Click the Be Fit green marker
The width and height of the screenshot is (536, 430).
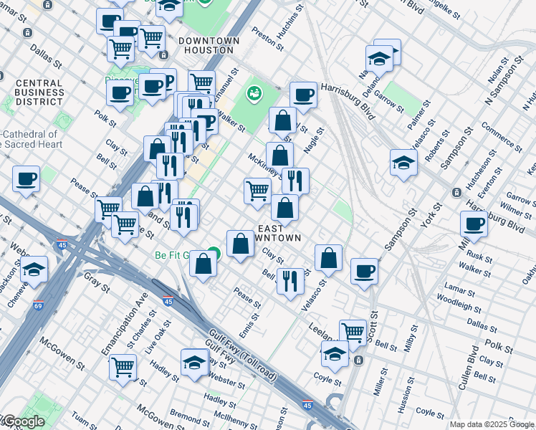click(214, 254)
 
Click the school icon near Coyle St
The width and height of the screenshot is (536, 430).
click(335, 352)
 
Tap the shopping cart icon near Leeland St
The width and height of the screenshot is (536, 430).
click(353, 331)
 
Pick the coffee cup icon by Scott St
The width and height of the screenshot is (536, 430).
click(364, 271)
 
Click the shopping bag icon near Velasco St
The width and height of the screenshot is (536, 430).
click(328, 257)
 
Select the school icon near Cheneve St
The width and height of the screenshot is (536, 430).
click(34, 269)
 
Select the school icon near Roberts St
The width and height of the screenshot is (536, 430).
click(403, 162)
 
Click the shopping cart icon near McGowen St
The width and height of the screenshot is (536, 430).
click(123, 366)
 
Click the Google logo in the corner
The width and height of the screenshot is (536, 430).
click(23, 421)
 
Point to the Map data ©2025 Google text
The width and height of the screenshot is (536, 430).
click(492, 424)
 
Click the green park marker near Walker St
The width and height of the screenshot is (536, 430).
click(253, 92)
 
